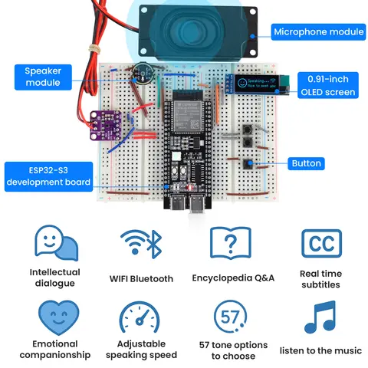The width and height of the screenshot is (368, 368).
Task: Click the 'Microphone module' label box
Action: coord(317,31)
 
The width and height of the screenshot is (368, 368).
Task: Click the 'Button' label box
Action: coord(306,163)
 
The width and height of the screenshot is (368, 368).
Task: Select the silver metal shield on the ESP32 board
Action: coord(184,115)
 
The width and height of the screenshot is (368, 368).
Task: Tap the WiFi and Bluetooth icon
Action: coord(141,244)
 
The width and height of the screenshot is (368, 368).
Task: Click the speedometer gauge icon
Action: coord(141,317)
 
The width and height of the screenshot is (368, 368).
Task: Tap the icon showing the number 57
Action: coord(232,317)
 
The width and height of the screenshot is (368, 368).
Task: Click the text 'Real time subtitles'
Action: coord(321,279)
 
